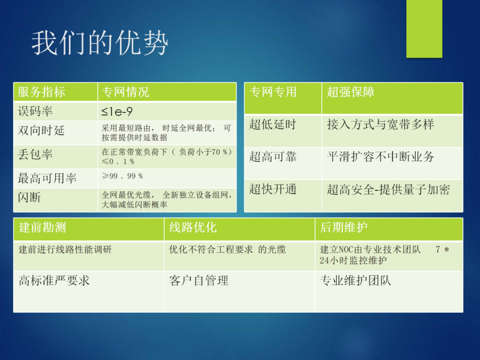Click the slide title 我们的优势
pos(100,43)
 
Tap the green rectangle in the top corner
pos(424,29)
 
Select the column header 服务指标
pos(41,92)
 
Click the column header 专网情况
pos(125,92)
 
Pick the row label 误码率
pos(35,111)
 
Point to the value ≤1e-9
pos(117,112)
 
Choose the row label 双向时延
pos(41,130)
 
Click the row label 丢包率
pos(35,154)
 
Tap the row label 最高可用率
pos(47,178)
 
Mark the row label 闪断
pos(29,197)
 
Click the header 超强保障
pos(351,92)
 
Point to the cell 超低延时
pos(273,124)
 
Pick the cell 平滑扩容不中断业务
pos(380,157)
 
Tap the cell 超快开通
pos(273,189)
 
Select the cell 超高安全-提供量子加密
pos(388,190)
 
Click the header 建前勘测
pos(42,227)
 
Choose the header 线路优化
pos(193,227)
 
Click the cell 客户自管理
pos(199,280)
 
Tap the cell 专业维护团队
pos(355,280)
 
